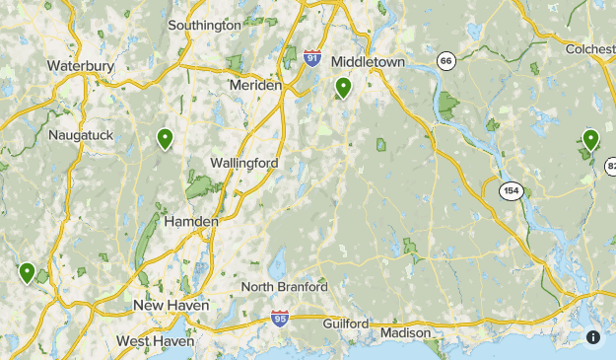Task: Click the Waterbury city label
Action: click(x=81, y=66)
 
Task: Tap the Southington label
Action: click(x=204, y=25)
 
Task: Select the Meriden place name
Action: click(x=255, y=86)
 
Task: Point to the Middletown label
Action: click(x=368, y=61)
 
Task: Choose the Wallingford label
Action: click(x=244, y=163)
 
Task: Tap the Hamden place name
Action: click(x=191, y=222)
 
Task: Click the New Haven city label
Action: click(x=171, y=306)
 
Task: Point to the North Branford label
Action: click(x=285, y=287)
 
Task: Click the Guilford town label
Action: click(x=344, y=324)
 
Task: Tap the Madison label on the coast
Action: click(x=407, y=333)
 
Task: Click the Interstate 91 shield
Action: click(x=312, y=58)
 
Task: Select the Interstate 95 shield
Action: click(x=281, y=320)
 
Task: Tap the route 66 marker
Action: click(x=446, y=61)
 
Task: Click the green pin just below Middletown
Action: click(x=343, y=88)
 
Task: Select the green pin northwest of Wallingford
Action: click(x=165, y=139)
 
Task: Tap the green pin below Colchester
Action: click(x=590, y=140)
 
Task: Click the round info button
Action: click(x=593, y=337)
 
